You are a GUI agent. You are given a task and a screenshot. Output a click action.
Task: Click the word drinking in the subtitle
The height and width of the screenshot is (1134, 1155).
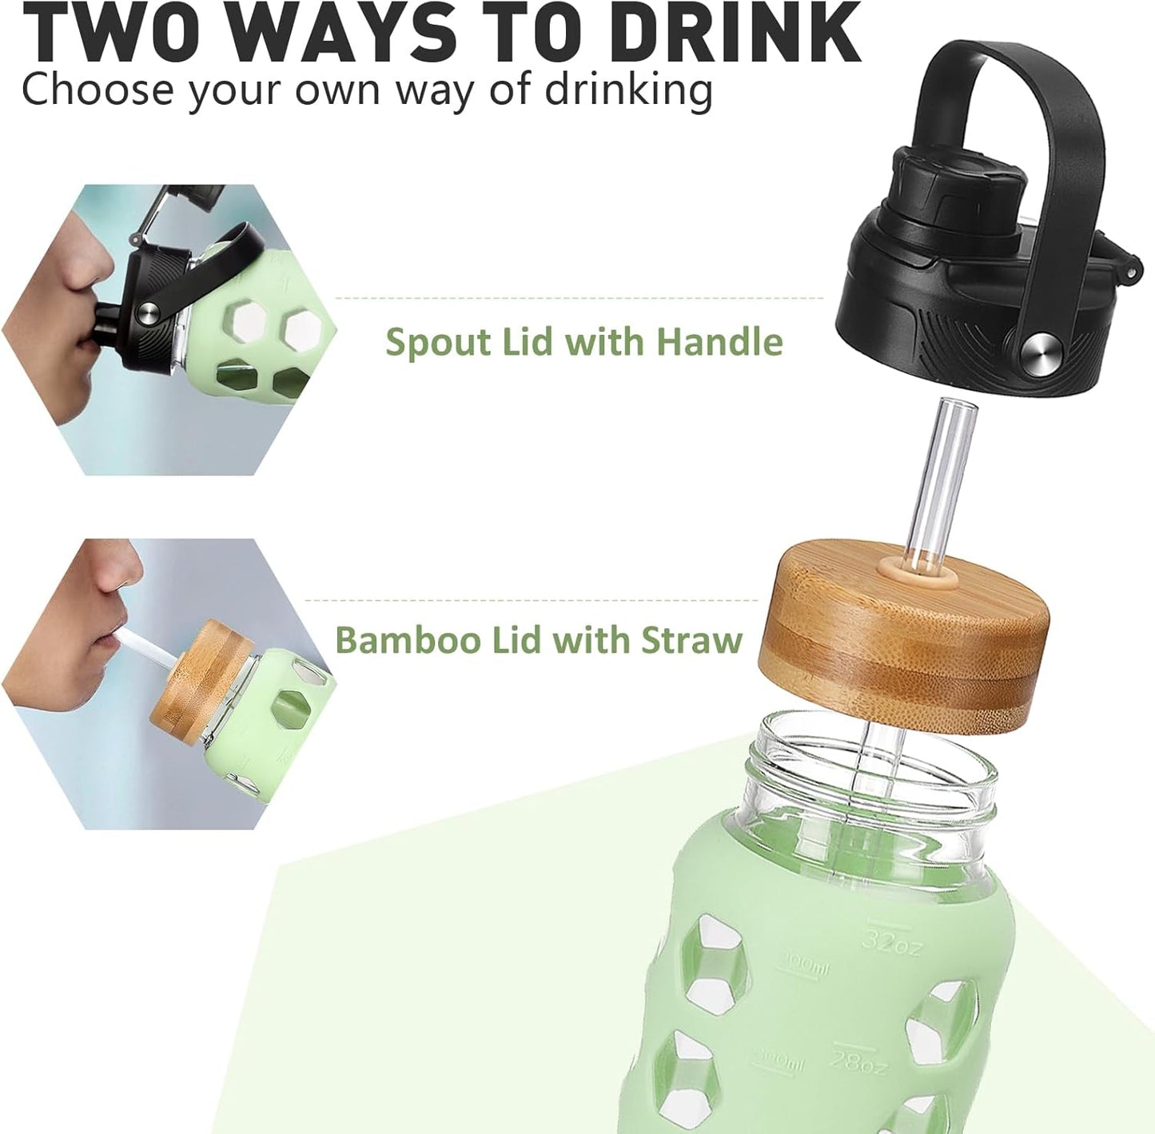pos(628,89)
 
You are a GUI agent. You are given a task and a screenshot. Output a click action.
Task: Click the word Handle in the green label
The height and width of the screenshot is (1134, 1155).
pos(719,341)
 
